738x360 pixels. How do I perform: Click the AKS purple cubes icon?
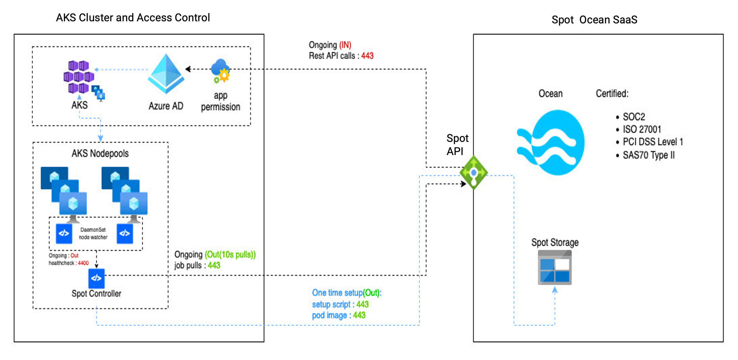79,76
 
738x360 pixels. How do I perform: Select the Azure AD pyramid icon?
166,74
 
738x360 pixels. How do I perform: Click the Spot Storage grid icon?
555,268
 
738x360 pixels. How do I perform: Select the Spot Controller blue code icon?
96,278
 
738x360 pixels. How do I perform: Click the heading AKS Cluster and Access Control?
133,18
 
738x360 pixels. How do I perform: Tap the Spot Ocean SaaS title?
594,20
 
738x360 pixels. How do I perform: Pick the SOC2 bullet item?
633,117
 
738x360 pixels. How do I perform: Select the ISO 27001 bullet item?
642,129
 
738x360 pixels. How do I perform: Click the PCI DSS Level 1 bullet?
652,142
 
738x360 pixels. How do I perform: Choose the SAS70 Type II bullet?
648,155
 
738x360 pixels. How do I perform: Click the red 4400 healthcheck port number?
83,263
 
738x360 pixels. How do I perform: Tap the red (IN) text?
345,45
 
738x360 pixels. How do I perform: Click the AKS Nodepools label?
100,153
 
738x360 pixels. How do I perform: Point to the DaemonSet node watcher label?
93,233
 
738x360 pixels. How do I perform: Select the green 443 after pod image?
359,315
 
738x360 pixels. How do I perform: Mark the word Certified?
612,94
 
